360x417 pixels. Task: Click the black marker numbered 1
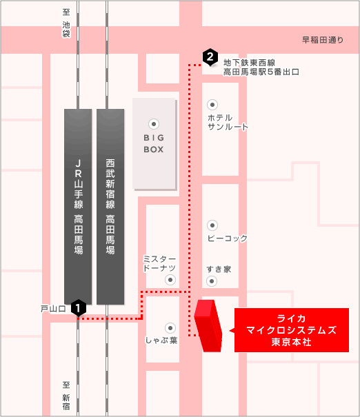[79, 308]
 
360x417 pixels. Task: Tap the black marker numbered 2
[210, 57]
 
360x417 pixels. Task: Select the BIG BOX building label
[154, 143]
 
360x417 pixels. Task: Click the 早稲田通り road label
[323, 40]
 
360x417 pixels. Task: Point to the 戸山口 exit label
[53, 309]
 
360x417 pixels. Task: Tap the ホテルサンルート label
[228, 122]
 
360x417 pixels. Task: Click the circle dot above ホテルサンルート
[212, 105]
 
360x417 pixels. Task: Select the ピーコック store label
[227, 238]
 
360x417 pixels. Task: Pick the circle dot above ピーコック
[212, 225]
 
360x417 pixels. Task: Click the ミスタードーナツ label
[159, 263]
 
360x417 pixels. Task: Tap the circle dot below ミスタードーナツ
[170, 280]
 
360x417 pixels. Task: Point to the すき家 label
[219, 269]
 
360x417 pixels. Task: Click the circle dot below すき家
[212, 281]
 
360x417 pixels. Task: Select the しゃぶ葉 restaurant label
[161, 340]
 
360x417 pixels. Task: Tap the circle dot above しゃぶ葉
[170, 328]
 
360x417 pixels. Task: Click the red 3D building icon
[208, 326]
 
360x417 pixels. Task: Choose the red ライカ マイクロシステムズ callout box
[291, 330]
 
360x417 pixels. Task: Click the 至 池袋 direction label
[66, 23]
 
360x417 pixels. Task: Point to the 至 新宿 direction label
[66, 396]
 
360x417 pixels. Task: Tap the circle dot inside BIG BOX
[154, 124]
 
